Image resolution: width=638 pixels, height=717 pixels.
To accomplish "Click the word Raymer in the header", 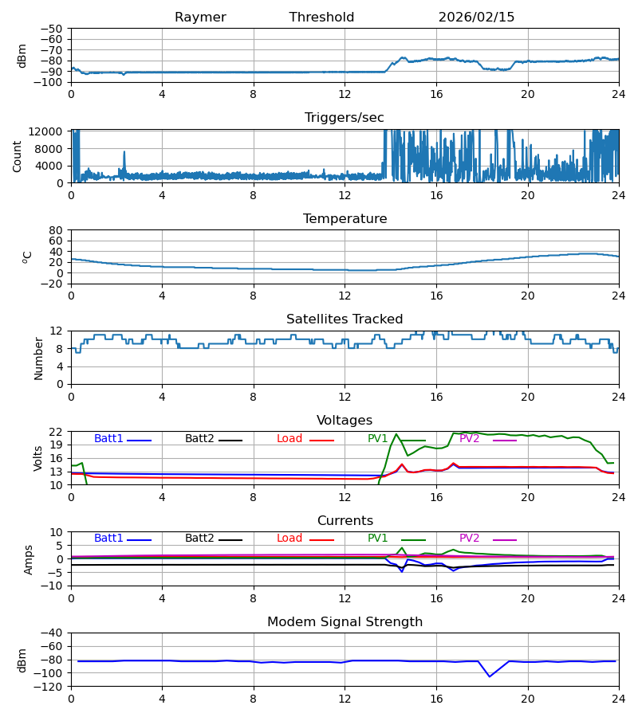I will point(200,18).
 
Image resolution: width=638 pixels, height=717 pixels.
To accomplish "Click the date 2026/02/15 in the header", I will point(476,18).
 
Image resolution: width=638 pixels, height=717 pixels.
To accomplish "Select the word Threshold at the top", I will point(321,18).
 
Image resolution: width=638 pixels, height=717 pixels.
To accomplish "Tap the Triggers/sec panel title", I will point(345,118).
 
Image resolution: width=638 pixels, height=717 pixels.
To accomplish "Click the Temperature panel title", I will point(345,219).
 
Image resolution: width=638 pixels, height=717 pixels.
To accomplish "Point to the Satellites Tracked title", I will point(345,319).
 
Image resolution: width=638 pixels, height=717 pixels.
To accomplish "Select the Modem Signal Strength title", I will point(345,622).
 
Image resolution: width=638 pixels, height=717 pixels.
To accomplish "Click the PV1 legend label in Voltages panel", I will point(378,439).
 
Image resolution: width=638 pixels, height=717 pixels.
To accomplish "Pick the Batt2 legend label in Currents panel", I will point(199,539).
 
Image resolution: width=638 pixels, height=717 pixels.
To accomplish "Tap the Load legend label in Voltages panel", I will point(289,439).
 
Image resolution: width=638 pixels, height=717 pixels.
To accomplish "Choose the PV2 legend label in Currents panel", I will point(469,539).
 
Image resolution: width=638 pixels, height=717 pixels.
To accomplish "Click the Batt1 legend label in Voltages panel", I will point(108,439).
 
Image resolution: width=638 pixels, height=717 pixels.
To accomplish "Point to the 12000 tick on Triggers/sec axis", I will point(48,131).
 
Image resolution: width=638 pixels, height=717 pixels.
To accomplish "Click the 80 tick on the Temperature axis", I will point(56,230).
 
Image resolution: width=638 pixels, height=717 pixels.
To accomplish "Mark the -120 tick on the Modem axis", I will point(50,686).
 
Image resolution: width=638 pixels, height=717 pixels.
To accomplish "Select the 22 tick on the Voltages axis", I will point(56,432).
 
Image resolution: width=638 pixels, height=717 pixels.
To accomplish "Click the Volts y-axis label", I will point(38,458).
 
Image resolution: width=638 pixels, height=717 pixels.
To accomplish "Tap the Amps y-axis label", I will point(30,559).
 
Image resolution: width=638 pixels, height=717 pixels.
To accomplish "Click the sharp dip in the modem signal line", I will point(490,676).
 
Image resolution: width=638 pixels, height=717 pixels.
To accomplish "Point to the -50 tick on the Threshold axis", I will point(53,29).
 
